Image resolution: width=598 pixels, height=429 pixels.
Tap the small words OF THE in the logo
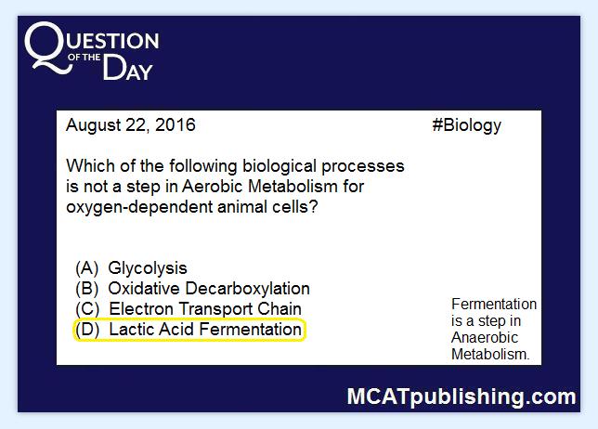tap(84, 58)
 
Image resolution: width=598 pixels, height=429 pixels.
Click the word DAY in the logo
tap(128, 68)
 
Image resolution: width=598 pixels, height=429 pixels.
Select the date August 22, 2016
tap(131, 125)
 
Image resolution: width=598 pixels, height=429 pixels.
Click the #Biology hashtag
tap(467, 126)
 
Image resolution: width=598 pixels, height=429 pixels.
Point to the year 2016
tap(175, 124)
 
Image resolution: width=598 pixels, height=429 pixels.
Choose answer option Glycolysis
tap(148, 268)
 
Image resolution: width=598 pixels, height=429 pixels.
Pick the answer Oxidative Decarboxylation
tap(209, 289)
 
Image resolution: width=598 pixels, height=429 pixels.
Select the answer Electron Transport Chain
tap(205, 309)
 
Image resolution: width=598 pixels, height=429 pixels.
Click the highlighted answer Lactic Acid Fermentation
tap(205, 330)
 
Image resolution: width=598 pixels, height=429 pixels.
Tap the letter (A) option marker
tap(87, 268)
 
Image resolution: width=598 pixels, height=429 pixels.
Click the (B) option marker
tap(87, 289)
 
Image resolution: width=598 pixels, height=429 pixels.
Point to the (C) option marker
tap(87, 309)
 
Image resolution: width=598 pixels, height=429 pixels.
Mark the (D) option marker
tap(87, 330)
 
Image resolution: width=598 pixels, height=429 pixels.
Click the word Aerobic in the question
tap(213, 187)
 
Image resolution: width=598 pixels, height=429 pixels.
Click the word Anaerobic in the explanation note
tap(485, 337)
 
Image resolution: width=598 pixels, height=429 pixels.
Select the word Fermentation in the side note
tap(494, 304)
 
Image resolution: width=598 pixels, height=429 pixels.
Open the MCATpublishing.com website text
tap(461, 397)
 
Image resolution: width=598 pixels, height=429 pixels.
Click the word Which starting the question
tap(90, 166)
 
